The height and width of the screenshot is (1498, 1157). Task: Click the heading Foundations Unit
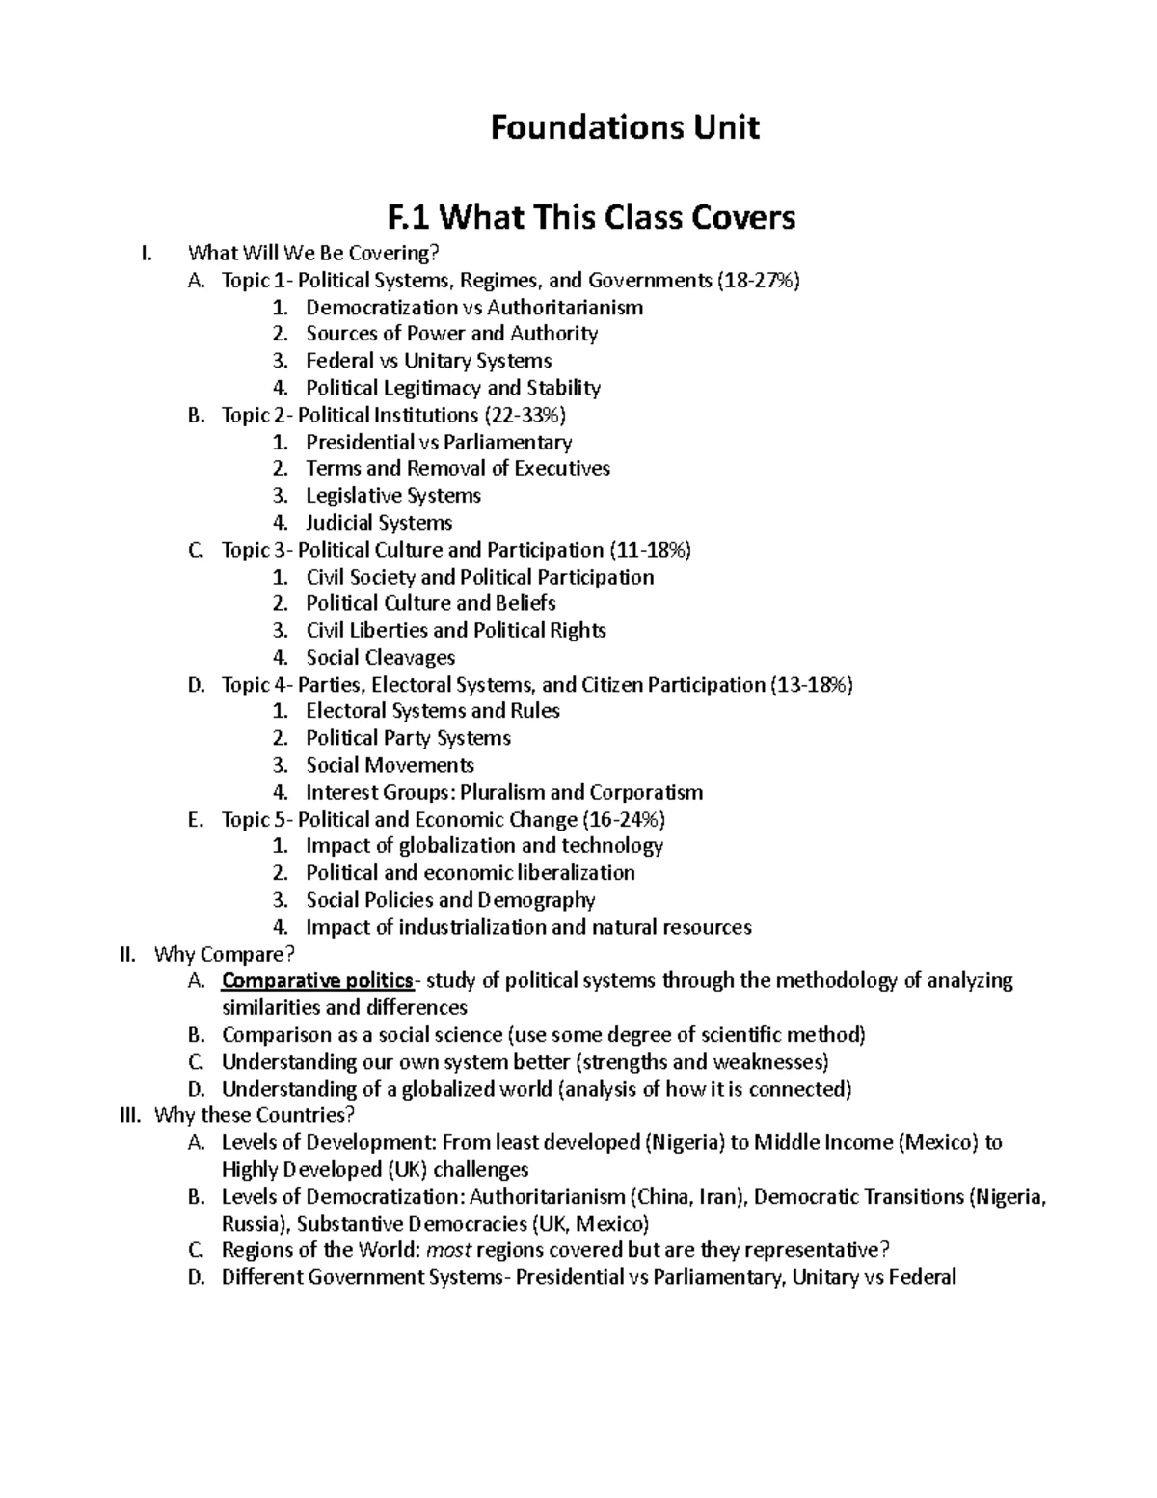pyautogui.click(x=625, y=127)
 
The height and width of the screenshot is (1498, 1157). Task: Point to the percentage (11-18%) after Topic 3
pyautogui.click(x=650, y=550)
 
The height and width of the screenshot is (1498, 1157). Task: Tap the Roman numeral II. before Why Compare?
pyautogui.click(x=126, y=955)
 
